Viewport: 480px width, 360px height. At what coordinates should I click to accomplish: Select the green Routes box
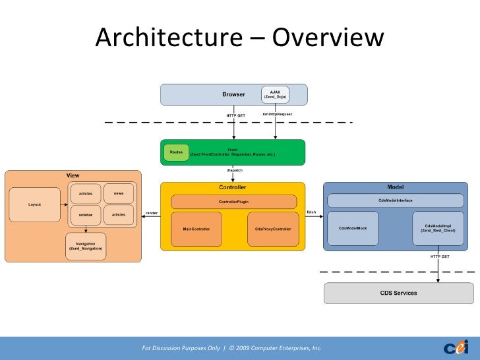point(176,152)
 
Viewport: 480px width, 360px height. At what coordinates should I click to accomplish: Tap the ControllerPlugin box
point(233,202)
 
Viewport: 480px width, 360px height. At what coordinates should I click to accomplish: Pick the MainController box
point(196,229)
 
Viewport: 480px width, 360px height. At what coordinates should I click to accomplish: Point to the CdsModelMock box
point(353,227)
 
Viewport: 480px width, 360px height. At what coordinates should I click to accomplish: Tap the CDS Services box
point(398,293)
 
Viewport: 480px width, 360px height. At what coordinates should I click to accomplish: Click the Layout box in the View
point(34,204)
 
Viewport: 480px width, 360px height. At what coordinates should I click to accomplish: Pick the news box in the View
point(119,193)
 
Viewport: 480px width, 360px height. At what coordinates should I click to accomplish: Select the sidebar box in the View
point(86,215)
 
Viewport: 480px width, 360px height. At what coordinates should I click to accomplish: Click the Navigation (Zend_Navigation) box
point(86,247)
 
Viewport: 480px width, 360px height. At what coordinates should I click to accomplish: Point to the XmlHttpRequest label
point(277,114)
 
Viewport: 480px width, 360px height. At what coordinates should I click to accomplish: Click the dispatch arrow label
point(234,170)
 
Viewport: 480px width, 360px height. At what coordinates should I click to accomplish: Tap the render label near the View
point(152,213)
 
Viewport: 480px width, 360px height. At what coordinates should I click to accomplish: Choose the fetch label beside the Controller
point(312,212)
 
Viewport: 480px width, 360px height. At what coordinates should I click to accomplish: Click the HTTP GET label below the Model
point(440,256)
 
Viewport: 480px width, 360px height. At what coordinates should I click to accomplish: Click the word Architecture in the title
point(167,38)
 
